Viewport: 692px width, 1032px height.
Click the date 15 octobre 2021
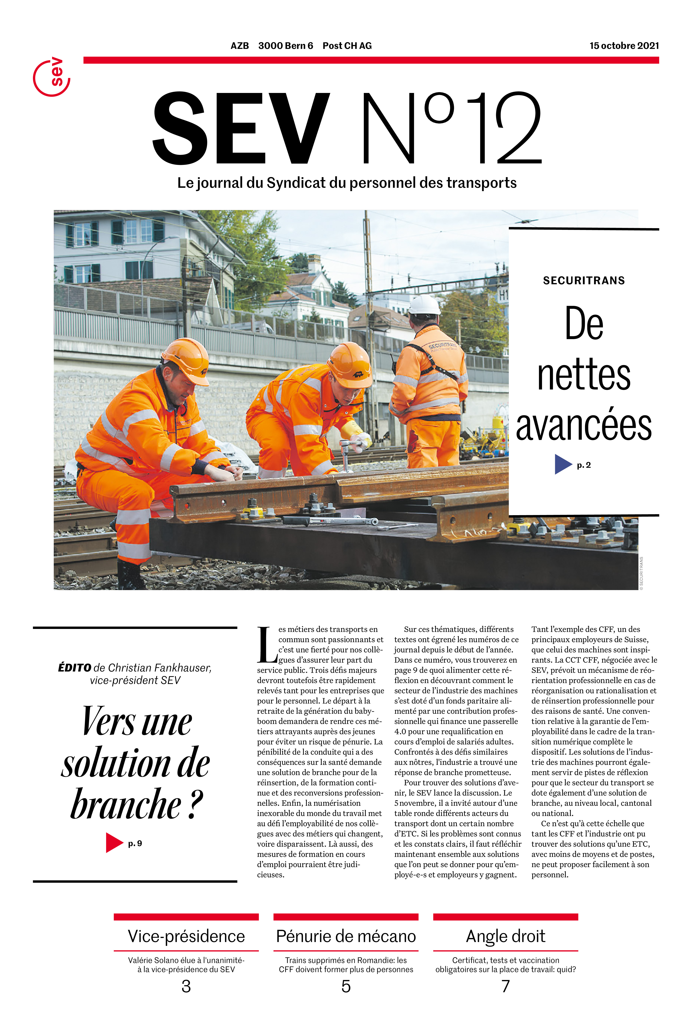tap(624, 46)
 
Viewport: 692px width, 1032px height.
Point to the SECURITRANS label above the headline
tap(583, 281)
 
